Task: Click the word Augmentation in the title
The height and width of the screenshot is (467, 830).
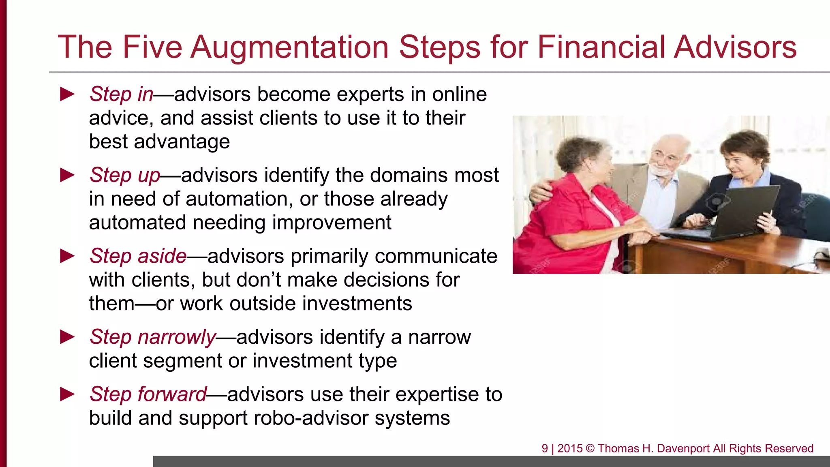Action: [289, 47]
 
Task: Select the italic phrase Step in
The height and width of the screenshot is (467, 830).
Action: [121, 94]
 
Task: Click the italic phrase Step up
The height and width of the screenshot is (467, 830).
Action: [125, 175]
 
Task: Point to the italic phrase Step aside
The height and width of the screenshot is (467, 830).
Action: [138, 256]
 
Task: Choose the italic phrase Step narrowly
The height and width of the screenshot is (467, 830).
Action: [153, 337]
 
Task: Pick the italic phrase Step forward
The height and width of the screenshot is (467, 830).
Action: [148, 394]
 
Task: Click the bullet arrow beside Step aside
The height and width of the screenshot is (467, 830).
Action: [67, 256]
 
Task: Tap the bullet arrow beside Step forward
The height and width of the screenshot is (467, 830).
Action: [67, 394]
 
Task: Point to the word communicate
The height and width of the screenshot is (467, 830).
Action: [436, 256]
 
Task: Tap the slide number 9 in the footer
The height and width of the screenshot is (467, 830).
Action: [545, 448]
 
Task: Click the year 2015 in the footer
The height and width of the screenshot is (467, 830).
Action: [570, 448]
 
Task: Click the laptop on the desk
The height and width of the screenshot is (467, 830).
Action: [729, 215]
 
